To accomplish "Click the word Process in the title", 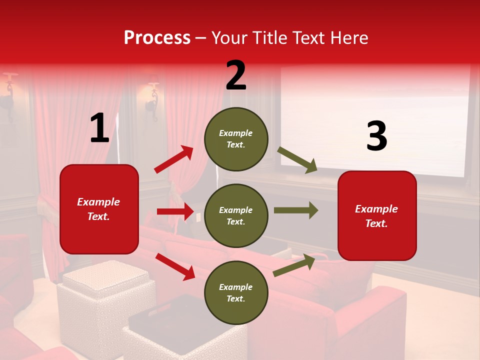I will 157,37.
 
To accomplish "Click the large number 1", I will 99,128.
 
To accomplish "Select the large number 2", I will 236,75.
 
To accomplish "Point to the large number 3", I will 376,136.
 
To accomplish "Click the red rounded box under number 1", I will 99,209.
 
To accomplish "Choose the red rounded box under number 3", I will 377,215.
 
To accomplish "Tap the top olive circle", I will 236,139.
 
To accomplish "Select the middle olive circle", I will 236,215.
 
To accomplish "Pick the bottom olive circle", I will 236,292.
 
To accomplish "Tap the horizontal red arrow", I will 175,211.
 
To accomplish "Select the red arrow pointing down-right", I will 175,266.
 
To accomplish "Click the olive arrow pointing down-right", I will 297,160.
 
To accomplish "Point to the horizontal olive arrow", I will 296,210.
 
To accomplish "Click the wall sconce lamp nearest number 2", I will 152,97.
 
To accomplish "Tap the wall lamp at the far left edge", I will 8,95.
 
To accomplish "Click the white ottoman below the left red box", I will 104,300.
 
